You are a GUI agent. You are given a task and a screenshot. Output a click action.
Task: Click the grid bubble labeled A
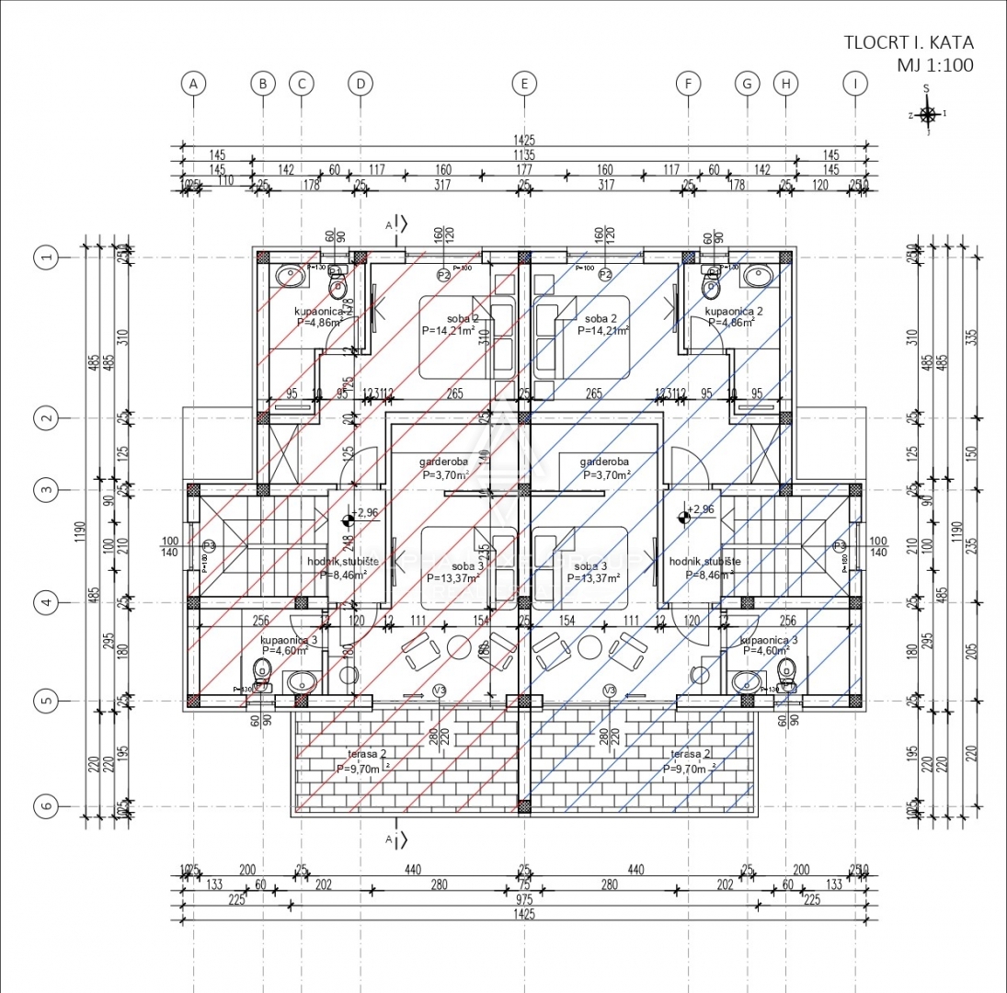pos(193,84)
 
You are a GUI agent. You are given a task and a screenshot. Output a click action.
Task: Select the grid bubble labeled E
pos(523,84)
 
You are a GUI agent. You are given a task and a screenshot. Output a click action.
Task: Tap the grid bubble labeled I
pos(855,84)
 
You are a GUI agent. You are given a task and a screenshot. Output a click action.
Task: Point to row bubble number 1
pos(45,257)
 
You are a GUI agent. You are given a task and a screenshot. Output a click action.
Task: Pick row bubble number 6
pos(45,806)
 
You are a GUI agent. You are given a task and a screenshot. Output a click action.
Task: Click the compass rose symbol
pos(928,114)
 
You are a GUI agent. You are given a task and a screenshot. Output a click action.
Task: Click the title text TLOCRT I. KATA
pos(908,42)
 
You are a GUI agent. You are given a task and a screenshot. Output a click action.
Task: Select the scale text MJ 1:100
pos(934,64)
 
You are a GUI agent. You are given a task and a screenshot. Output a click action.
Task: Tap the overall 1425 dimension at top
pos(523,140)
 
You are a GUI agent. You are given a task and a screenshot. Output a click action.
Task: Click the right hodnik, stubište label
pos(705,561)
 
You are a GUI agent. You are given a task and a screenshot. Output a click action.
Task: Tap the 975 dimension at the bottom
pos(523,899)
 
